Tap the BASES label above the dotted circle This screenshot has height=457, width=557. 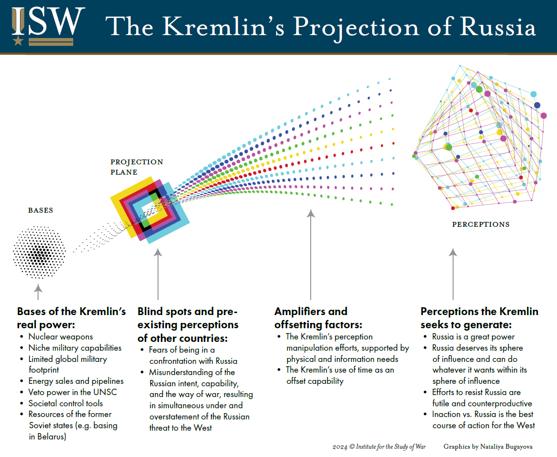(x=40, y=211)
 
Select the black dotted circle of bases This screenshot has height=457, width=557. (x=40, y=252)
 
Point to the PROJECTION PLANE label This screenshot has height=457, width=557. (x=137, y=167)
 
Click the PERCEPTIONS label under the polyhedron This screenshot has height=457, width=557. (x=480, y=225)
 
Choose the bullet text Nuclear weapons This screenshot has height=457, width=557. (x=60, y=337)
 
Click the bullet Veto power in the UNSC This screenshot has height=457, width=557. (x=73, y=392)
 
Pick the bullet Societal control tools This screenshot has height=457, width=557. (x=65, y=403)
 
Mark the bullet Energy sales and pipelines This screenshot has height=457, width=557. (x=76, y=381)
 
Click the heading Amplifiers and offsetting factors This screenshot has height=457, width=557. (x=311, y=318)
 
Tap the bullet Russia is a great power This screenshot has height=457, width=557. (x=473, y=337)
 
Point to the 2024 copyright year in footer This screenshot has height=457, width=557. (x=339, y=446)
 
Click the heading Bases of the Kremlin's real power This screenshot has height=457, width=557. (x=71, y=318)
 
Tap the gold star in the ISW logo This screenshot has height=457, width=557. (x=18, y=40)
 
